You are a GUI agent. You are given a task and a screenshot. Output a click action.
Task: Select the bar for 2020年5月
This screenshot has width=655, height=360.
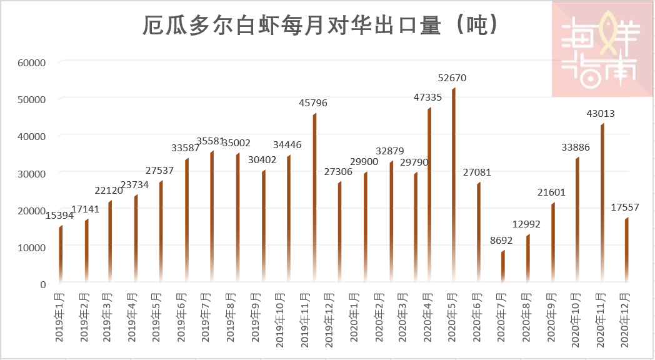click(453, 187)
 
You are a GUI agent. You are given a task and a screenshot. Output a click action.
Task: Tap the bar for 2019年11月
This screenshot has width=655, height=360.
click(314, 200)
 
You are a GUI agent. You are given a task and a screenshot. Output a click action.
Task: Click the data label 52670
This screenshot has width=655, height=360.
click(452, 78)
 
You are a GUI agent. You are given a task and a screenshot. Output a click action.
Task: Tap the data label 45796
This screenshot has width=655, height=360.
click(312, 103)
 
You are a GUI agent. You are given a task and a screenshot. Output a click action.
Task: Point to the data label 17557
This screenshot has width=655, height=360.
click(625, 207)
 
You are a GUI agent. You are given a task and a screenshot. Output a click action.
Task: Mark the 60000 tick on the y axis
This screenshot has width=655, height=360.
click(32, 62)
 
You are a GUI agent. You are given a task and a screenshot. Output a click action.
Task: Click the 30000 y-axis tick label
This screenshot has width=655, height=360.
click(32, 173)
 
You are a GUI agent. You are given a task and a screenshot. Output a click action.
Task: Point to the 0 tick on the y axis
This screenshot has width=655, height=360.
click(42, 284)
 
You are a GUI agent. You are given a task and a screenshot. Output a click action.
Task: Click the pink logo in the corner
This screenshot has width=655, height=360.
click(602, 49)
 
